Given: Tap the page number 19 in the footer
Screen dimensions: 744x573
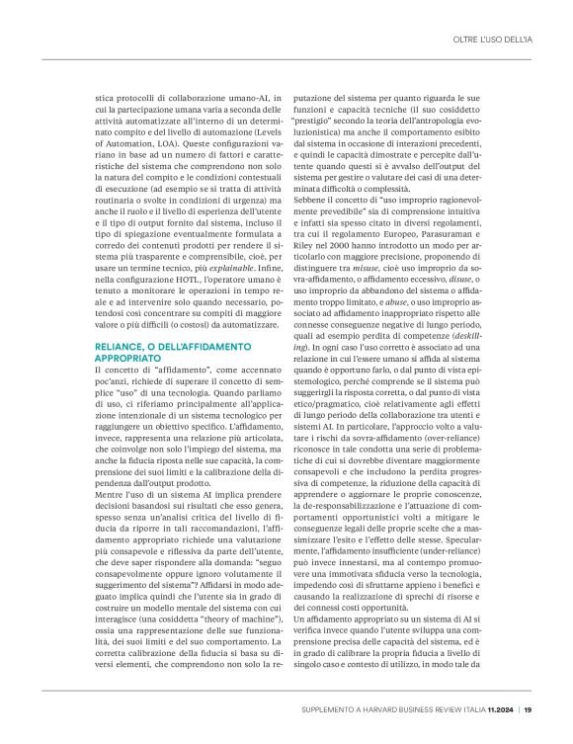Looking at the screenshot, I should [x=529, y=708].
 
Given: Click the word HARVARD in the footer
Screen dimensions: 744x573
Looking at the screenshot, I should [x=382, y=708].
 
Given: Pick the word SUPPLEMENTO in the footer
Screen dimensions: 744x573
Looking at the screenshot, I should [x=333, y=708].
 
